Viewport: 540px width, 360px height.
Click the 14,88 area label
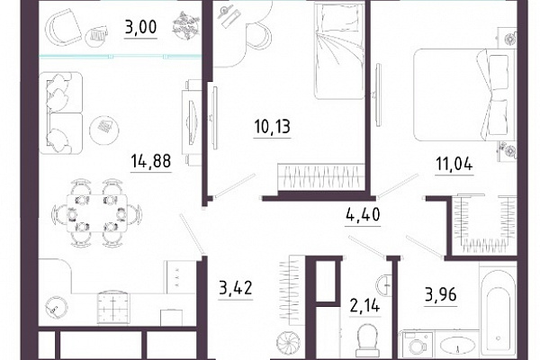(x=151, y=161)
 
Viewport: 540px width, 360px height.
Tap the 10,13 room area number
(x=272, y=126)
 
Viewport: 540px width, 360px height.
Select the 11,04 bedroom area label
(x=454, y=164)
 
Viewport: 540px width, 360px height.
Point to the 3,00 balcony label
(x=140, y=27)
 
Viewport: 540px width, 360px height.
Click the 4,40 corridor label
(x=363, y=214)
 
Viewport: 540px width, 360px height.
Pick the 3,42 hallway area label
(x=236, y=288)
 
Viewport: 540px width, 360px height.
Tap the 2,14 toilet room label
(x=364, y=305)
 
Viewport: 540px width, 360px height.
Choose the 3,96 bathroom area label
(x=441, y=294)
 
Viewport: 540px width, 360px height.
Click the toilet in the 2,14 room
(x=367, y=339)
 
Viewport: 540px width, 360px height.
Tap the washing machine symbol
(x=417, y=344)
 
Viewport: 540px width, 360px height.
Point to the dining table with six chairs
(x=96, y=213)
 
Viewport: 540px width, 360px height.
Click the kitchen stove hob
(x=113, y=308)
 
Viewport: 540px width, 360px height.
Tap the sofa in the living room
(x=61, y=113)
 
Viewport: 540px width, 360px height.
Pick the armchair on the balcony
(x=62, y=27)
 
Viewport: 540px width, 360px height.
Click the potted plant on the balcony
(x=186, y=25)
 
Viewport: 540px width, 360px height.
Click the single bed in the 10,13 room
(x=339, y=50)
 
